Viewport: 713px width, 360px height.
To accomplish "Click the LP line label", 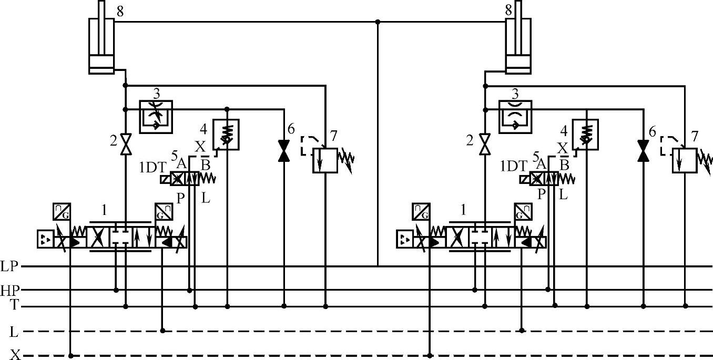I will click(9, 266).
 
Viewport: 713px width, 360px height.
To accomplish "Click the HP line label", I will click(9, 290).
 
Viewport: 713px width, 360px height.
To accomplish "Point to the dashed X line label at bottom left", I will click(15, 355).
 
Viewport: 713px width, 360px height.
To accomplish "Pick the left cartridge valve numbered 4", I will click(226, 135).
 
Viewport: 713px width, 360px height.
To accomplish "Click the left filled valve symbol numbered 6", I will click(284, 150).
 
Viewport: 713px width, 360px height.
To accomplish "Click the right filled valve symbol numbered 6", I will click(643, 150).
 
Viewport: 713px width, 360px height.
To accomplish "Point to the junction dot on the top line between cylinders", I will click(378, 22).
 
